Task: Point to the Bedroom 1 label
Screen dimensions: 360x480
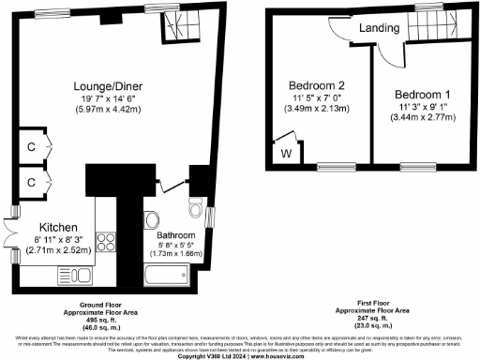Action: coord(423,96)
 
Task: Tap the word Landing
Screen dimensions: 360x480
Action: coord(377,28)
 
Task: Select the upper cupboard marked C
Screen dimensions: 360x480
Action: coord(31,147)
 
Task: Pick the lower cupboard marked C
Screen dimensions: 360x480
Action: coord(31,181)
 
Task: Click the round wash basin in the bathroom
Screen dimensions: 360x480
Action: coord(152,221)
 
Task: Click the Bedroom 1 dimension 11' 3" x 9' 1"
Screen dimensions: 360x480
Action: coord(423,109)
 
